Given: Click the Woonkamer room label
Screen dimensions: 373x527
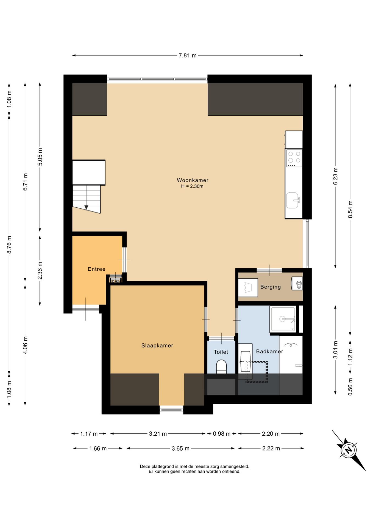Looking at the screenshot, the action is pos(193,180).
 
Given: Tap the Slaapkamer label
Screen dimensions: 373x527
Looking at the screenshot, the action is pos(157,346).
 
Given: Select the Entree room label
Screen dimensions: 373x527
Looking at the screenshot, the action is pos(96,269).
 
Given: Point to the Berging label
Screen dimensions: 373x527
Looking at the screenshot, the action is pos(271,287).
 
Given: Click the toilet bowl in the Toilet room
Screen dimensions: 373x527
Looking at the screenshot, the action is pos(221,367).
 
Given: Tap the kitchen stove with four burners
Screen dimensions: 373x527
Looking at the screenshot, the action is pos(294,158).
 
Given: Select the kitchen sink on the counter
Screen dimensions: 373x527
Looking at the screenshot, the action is pos(293,200).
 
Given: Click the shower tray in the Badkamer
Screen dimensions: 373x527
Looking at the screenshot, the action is pos(283,319).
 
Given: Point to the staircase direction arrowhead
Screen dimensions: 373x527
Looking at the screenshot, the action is pos(86,208).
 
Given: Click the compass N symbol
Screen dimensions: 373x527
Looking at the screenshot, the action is pos(349,450).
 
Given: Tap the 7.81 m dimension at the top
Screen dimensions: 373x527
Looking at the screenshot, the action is pos(188,55).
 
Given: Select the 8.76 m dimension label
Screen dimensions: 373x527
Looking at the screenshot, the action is pos(9,245).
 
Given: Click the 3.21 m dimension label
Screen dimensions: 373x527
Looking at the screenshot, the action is pos(158,434).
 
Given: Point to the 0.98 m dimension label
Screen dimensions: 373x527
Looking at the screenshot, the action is pos(222,434).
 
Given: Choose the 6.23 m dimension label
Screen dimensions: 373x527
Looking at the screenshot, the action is pos(335,176).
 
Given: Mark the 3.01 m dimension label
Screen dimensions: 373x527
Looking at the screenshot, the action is pos(335,350).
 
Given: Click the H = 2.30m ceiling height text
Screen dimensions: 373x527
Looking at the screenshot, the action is pos(192,186).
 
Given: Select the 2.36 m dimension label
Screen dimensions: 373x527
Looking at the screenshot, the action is pos(40,270).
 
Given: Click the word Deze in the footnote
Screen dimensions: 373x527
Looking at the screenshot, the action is pos(145,466).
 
